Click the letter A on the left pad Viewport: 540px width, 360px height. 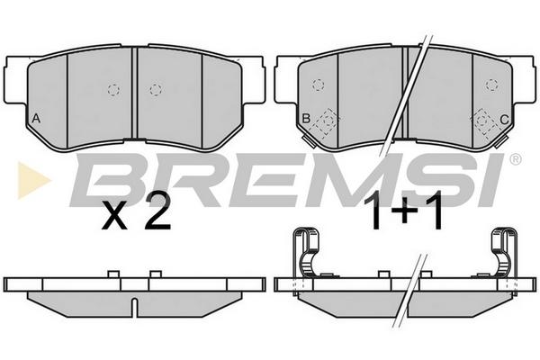coord(36,119)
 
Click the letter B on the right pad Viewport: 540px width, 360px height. coord(306,119)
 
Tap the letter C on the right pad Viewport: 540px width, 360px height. coord(504,120)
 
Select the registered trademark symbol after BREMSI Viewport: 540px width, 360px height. coord(515,159)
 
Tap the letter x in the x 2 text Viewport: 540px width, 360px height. coord(114,216)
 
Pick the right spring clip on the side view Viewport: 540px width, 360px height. coord(504,253)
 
